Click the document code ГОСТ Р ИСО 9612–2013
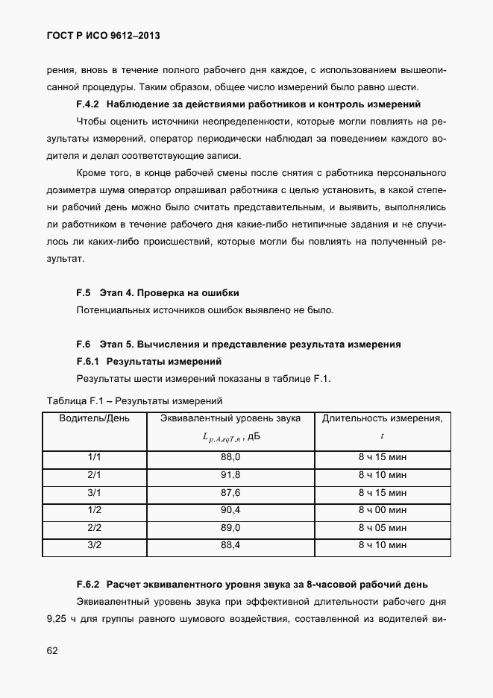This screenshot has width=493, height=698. click(104, 35)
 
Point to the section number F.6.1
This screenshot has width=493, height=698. click(90, 361)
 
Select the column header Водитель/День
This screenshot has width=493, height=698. click(94, 418)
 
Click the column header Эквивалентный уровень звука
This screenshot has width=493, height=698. click(230, 418)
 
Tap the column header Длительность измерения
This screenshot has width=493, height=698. click(382, 418)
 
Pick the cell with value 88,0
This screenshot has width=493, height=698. click(230, 456)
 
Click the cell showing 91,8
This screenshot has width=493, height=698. click(230, 474)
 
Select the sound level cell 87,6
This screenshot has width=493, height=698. click(230, 492)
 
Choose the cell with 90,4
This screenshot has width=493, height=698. click(230, 510)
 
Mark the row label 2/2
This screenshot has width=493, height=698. click(94, 528)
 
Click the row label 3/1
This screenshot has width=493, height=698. click(94, 492)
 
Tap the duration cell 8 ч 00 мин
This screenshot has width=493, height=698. click(382, 510)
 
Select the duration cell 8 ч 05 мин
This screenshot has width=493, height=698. click(382, 528)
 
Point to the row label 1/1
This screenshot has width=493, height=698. click(94, 456)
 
